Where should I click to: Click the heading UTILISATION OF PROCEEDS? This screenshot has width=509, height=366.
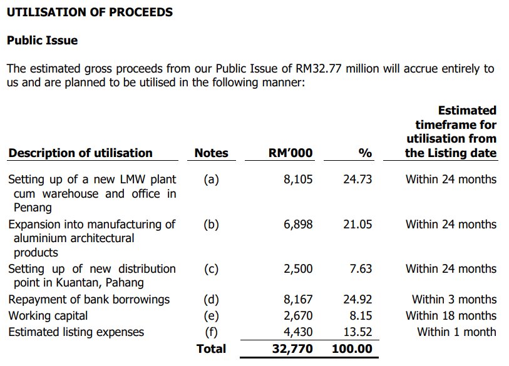[90, 12]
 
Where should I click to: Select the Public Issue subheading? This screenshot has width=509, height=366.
[42, 41]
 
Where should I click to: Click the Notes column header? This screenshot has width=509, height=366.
[211, 153]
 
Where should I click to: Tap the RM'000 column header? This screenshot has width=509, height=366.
[290, 153]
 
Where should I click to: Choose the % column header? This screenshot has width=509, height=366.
[364, 153]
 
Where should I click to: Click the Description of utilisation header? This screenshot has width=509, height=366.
[80, 153]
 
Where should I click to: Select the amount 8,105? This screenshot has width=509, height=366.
[298, 180]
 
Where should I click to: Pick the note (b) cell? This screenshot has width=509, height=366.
[211, 225]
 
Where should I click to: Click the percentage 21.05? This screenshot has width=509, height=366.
[357, 225]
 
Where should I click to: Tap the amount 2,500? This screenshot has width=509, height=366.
[298, 269]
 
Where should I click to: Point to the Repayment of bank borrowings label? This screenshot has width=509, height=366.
[88, 300]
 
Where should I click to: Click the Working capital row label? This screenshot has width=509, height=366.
[48, 316]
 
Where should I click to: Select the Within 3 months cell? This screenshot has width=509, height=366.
[454, 300]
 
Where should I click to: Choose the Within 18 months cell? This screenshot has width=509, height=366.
[451, 316]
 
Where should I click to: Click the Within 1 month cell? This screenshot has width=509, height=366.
[456, 332]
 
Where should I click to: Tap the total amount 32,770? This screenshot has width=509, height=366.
[292, 348]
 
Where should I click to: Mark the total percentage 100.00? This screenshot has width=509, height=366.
[353, 348]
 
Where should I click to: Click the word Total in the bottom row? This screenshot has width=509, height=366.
[211, 348]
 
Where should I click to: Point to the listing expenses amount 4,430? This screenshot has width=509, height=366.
[298, 332]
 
